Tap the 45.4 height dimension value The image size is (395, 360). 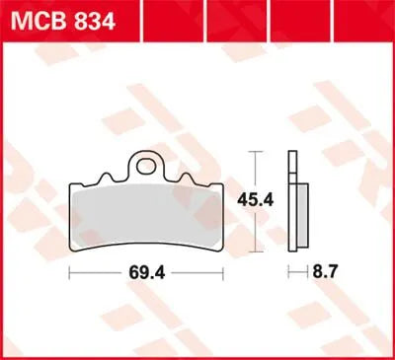[x=257, y=200]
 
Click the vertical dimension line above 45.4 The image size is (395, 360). [x=257, y=171]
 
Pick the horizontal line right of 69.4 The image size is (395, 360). [x=196, y=270]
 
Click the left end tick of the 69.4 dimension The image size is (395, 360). [x=69, y=270]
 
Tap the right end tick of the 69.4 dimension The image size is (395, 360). [x=225, y=270]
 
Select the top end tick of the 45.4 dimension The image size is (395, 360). [x=257, y=152]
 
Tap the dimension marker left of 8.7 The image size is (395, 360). [x=289, y=270]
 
